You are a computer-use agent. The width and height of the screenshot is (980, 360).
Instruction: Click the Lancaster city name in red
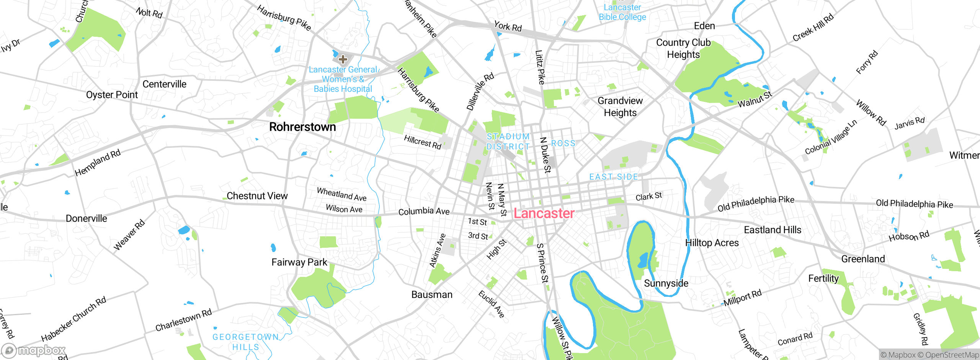[x=544, y=213]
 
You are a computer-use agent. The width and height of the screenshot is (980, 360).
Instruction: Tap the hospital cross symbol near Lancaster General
[x=343, y=59]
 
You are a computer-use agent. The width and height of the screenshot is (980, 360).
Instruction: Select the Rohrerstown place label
[x=302, y=127]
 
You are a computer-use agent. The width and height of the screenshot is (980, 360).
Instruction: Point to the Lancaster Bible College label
[x=622, y=12]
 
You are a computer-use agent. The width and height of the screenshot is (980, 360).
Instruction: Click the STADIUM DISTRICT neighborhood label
[x=508, y=142]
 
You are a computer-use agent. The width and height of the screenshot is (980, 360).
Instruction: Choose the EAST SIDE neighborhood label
[x=614, y=177]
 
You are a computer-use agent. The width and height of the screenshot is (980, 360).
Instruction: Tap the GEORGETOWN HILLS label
[x=246, y=342]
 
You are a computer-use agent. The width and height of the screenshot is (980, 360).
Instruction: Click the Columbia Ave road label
[x=424, y=211]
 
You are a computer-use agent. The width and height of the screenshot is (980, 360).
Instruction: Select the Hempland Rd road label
[x=97, y=163]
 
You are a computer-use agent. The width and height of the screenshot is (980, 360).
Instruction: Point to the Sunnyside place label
[x=666, y=283]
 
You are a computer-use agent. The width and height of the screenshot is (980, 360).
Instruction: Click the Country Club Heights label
[x=683, y=49]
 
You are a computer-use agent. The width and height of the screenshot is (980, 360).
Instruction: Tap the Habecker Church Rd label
[x=73, y=319]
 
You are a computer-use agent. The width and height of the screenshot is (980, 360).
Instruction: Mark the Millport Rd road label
[x=742, y=298]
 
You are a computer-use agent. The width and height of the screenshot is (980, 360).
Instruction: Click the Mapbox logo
[x=34, y=350]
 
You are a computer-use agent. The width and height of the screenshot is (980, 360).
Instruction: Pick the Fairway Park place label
[x=299, y=262]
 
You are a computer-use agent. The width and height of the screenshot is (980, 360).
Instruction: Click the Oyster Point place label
[x=112, y=95]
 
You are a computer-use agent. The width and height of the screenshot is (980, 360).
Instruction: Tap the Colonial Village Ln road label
[x=831, y=137]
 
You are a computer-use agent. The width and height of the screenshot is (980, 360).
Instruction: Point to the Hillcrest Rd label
[x=423, y=142]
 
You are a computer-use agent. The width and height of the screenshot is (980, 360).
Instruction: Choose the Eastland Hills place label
[x=772, y=230]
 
